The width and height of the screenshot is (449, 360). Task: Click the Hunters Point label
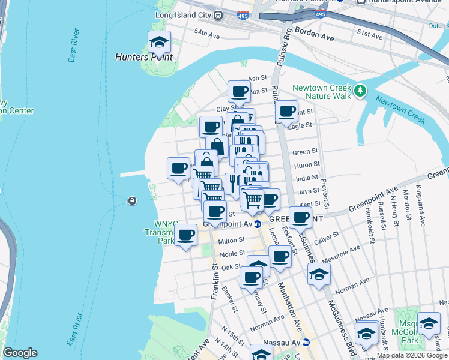pos(144,58)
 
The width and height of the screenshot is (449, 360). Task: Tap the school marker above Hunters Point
pos(160,43)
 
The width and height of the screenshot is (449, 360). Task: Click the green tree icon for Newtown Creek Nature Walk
pos(360,91)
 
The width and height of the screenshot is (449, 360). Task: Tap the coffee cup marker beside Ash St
pos(239,92)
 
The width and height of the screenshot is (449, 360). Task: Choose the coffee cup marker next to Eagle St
pos(287,112)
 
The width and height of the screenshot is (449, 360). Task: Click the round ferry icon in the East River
pos(131,200)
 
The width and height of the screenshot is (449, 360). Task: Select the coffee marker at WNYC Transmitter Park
pos(186,235)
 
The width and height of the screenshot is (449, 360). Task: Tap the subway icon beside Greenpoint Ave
pos(257,224)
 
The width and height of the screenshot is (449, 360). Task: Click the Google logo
pos(19,353)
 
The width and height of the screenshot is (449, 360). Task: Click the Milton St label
pos(232,240)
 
